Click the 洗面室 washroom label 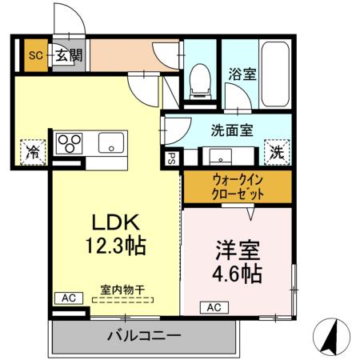(x=232, y=130)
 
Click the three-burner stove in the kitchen (x=70, y=142)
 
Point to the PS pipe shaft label (x=171, y=158)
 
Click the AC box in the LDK (x=68, y=298)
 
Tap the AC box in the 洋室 (x=215, y=306)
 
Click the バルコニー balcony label (x=144, y=335)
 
